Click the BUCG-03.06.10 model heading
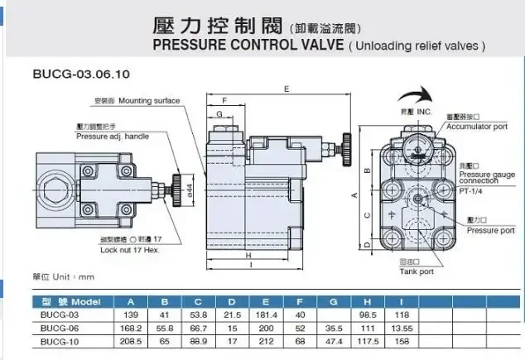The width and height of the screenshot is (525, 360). click(x=70, y=74)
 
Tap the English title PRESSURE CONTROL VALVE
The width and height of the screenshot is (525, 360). click(x=248, y=46)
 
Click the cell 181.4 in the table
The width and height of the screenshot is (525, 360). click(x=266, y=315)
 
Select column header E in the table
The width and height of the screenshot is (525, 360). click(x=266, y=301)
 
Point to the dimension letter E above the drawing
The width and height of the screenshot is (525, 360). click(x=285, y=87)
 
